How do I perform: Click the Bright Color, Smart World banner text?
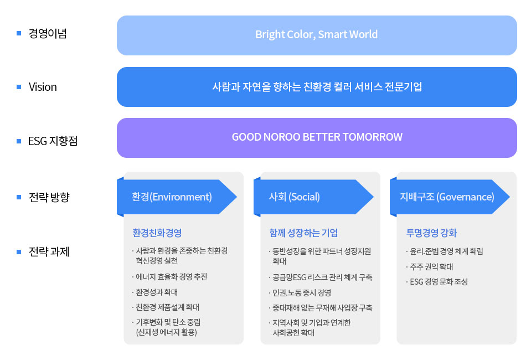(x=316, y=34)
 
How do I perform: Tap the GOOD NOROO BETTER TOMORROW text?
(x=317, y=137)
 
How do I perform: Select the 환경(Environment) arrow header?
(x=177, y=197)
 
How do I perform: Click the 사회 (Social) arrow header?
(x=313, y=197)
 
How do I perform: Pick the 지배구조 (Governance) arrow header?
(x=450, y=197)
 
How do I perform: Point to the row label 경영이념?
(x=48, y=33)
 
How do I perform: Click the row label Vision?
(x=43, y=87)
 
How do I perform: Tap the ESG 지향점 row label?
(x=53, y=141)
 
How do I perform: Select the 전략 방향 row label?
(x=49, y=197)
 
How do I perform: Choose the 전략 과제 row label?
(x=49, y=251)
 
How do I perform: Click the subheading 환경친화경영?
(x=157, y=233)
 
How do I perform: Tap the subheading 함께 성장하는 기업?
(x=303, y=233)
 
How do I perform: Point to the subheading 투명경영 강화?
(x=431, y=233)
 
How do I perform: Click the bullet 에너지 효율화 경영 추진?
(x=170, y=277)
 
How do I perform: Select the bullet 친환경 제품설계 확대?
(x=166, y=307)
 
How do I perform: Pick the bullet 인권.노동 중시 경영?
(x=300, y=292)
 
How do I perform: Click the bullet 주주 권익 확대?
(x=430, y=267)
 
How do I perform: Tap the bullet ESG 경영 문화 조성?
(x=437, y=282)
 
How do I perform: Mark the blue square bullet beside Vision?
(x=19, y=87)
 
